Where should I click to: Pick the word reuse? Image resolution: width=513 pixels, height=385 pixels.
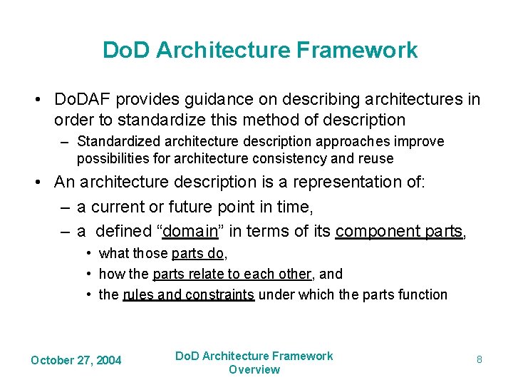[x=375, y=158]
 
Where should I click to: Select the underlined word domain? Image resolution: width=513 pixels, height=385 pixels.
[x=193, y=231]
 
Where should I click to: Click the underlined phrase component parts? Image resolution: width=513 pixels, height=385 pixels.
[x=398, y=231]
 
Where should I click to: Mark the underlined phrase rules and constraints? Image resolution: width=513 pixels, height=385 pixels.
[x=188, y=294]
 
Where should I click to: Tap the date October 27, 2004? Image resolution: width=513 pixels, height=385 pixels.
[x=76, y=360]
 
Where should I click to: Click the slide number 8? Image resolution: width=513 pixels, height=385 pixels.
[x=479, y=359]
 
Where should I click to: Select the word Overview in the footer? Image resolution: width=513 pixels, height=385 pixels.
[x=254, y=369]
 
